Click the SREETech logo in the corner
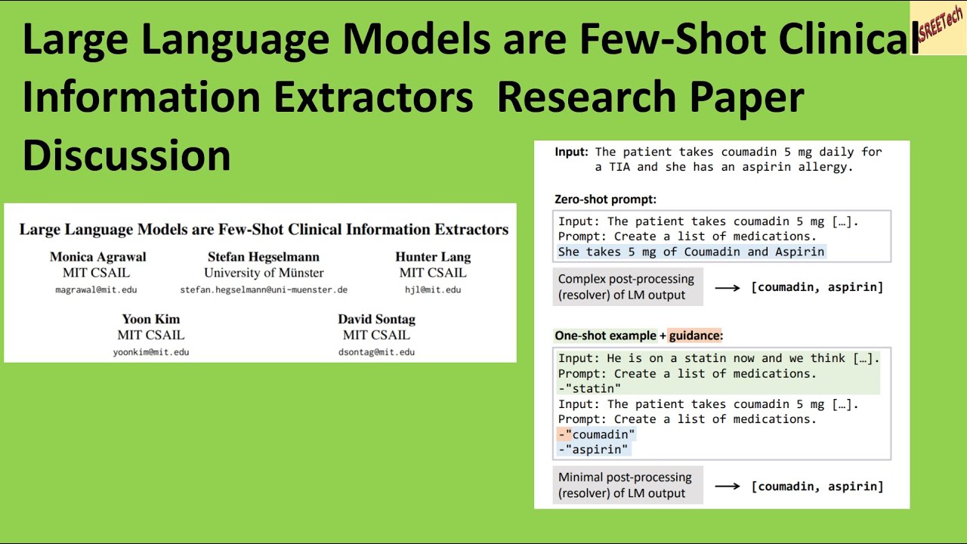pos(938,26)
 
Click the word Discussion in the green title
pos(126,155)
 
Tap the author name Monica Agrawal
pos(98,257)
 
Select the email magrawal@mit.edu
pos(96,289)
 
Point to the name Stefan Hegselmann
pos(264,257)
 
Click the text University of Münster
pos(264,273)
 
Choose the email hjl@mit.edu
pos(433,289)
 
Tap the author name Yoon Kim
pos(151,319)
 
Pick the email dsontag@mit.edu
pos(376,351)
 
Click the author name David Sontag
pos(376,319)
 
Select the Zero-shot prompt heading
pos(605,199)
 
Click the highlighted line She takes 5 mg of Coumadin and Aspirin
pos(691,252)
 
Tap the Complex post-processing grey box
pos(627,287)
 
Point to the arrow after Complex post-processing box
pos(727,287)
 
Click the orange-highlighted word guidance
pos(695,335)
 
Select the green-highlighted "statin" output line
pos(590,388)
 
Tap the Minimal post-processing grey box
pos(627,485)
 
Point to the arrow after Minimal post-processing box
pos(727,486)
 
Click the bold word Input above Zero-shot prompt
pos(571,152)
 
